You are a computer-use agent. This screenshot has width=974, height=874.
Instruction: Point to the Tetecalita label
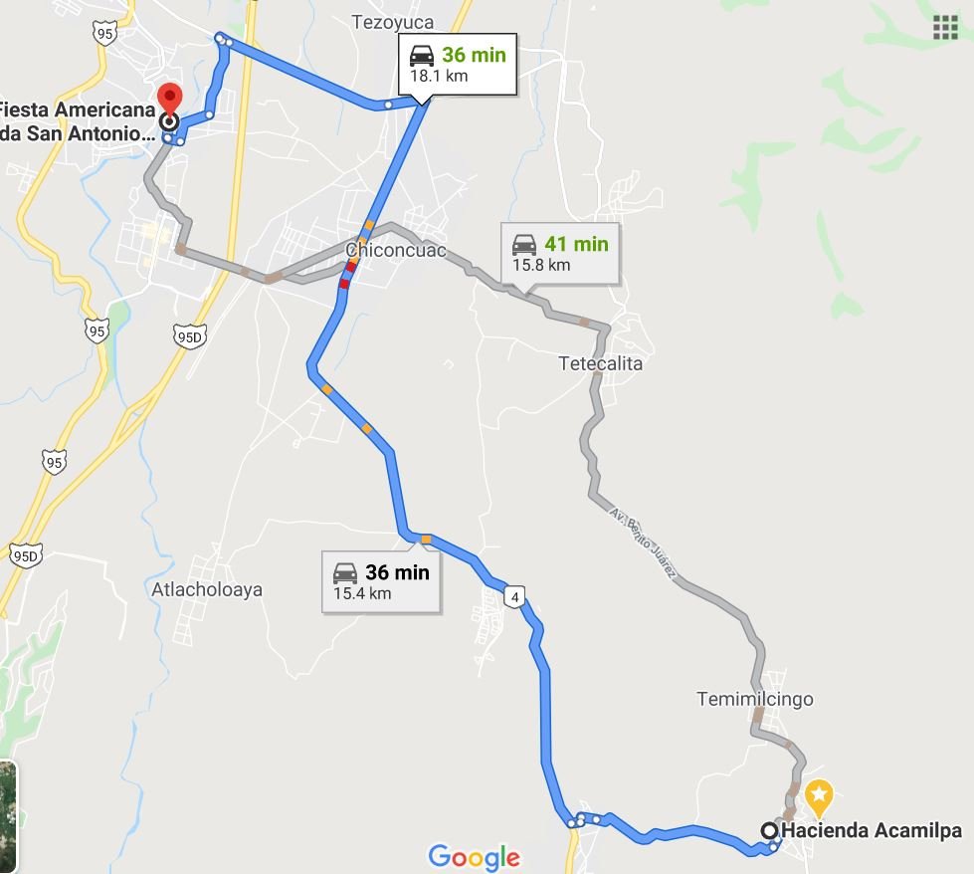click(x=600, y=363)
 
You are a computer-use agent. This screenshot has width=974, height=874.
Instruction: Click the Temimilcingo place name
click(x=755, y=699)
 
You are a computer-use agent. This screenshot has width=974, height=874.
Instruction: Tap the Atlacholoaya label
click(x=207, y=589)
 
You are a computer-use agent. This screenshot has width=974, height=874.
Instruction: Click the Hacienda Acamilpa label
click(x=872, y=830)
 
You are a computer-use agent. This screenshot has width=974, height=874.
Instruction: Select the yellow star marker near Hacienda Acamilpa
click(x=818, y=794)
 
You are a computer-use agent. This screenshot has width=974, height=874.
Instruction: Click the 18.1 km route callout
click(x=458, y=66)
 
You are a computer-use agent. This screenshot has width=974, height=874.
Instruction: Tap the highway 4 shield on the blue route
click(x=514, y=596)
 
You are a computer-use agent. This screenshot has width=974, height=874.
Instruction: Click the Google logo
click(x=474, y=856)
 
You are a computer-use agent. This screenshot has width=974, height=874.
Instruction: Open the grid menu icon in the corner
click(x=945, y=27)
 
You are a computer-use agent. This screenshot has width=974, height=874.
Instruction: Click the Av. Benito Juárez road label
click(x=644, y=544)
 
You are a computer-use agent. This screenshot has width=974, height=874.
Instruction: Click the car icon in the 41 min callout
click(x=524, y=244)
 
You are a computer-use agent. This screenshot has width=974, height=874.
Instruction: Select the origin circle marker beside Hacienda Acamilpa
click(x=770, y=830)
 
